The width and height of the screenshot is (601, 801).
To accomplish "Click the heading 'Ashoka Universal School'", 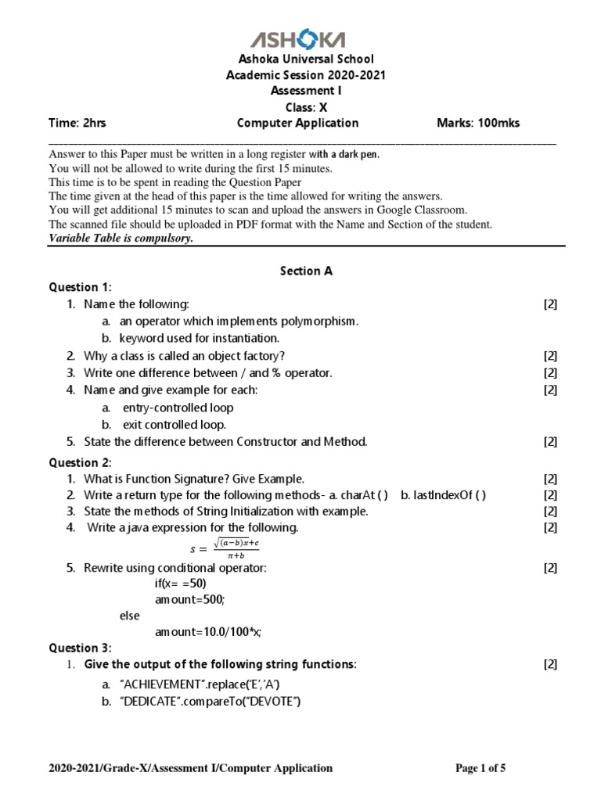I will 300,59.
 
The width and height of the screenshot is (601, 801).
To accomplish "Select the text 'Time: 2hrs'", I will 76,123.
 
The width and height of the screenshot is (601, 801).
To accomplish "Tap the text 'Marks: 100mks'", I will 477,123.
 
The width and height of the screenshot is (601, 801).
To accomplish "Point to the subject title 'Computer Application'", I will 297,123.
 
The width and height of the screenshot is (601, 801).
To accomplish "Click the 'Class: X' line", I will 300,107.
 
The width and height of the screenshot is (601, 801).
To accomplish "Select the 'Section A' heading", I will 306,271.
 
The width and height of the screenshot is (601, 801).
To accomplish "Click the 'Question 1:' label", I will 81,287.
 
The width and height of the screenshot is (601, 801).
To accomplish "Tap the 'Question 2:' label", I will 81,462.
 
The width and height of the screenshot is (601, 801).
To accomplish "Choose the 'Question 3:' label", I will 81,648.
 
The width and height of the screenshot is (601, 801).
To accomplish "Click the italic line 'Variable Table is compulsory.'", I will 121,239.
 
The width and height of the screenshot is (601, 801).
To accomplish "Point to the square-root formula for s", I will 235,548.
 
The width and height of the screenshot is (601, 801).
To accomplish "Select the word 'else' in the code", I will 130,616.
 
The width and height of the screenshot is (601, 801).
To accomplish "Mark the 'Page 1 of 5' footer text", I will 480,768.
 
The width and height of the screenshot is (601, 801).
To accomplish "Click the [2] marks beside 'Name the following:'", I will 550,304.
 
